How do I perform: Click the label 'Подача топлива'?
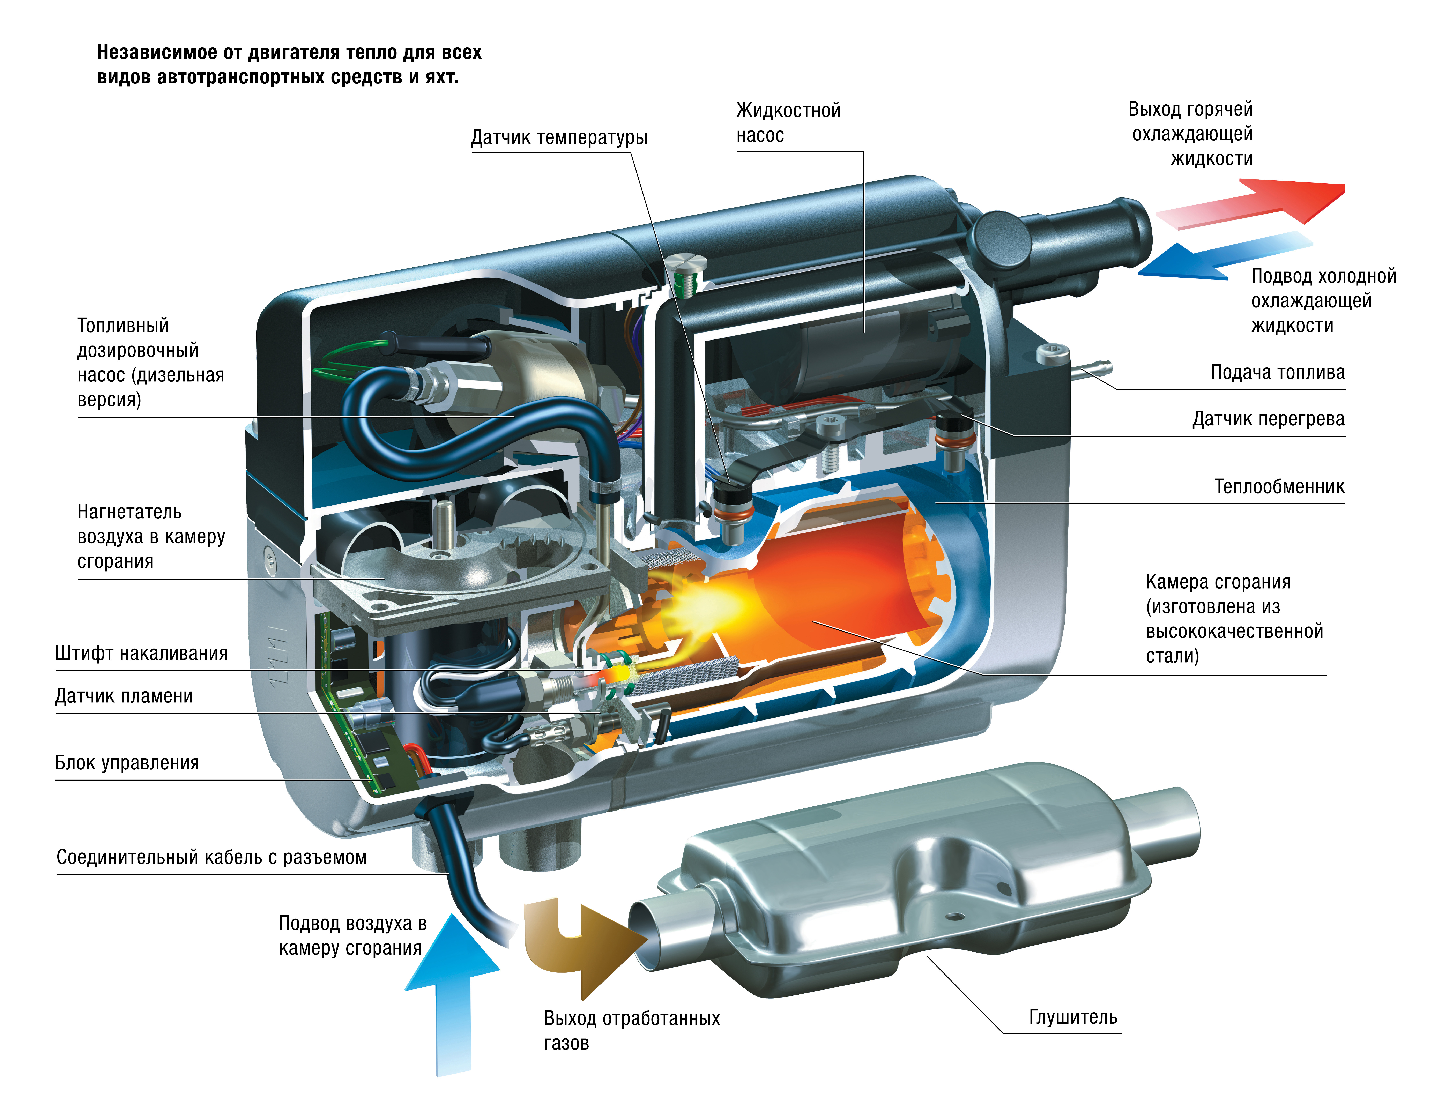pos(1277,372)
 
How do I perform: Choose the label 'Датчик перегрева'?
pos(1268,419)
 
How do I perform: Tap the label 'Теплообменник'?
pos(1279,487)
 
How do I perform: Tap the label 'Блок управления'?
pos(127,763)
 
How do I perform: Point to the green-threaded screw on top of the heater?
pos(687,271)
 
